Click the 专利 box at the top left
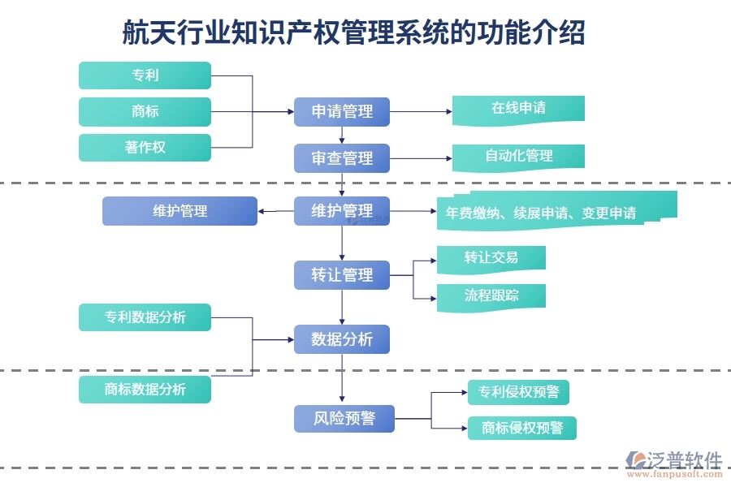[x=145, y=75]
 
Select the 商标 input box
[x=145, y=112]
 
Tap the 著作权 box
[x=145, y=148]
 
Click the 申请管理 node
[x=342, y=112]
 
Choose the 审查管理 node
[x=342, y=158]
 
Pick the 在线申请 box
[x=518, y=109]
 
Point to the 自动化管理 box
[x=518, y=156]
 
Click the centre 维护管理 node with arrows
[x=342, y=211]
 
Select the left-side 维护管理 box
[x=180, y=211]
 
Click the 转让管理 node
[x=342, y=275]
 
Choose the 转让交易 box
[x=491, y=258]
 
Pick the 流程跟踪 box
[x=491, y=295]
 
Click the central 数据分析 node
[x=342, y=339]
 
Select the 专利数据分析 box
[x=145, y=317]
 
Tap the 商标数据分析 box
[x=145, y=390]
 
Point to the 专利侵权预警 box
[x=518, y=393]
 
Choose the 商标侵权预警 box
[x=521, y=428]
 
